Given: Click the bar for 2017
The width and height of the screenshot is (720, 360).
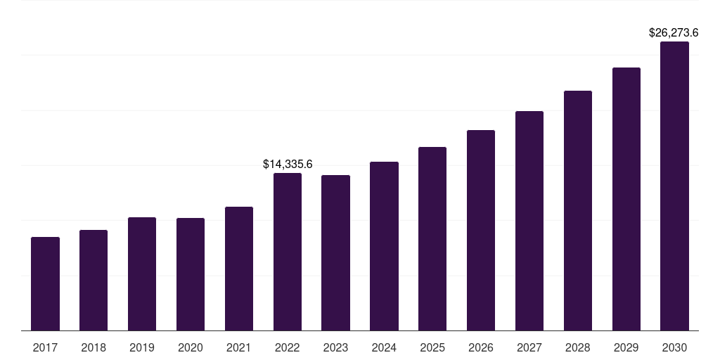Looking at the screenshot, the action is click(x=45, y=284).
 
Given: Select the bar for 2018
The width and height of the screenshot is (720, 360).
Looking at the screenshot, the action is click(x=94, y=280).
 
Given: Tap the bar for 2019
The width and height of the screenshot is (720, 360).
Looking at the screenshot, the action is click(x=142, y=274).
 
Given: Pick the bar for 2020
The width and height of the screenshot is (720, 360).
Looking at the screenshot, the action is click(x=191, y=274).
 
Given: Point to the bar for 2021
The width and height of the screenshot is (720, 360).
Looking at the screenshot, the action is click(x=239, y=269).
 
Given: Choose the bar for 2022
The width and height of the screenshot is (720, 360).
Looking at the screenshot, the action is click(x=288, y=252).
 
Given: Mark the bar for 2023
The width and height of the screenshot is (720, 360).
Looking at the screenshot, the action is click(x=335, y=252).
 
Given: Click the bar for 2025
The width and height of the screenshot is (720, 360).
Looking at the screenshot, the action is click(x=432, y=239).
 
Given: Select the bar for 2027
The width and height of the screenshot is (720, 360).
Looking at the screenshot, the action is click(x=529, y=221).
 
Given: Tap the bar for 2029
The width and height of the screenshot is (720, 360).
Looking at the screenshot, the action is click(x=626, y=199).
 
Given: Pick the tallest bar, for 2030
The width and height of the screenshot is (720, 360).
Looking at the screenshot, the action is click(x=674, y=186).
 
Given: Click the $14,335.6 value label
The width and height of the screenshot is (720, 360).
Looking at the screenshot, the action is click(x=288, y=164).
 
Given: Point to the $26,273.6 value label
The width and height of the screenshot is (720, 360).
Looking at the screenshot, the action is click(x=674, y=32).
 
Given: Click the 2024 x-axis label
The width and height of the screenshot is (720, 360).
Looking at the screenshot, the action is click(x=385, y=347).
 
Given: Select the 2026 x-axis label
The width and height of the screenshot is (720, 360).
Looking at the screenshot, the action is click(x=481, y=347).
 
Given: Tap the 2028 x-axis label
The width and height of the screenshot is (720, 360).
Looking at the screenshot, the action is click(x=578, y=347).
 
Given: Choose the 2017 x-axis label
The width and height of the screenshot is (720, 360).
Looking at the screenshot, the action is click(x=45, y=347).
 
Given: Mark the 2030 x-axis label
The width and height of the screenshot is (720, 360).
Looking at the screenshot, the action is click(x=674, y=347).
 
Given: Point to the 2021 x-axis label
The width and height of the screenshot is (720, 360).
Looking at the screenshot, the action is click(x=239, y=347).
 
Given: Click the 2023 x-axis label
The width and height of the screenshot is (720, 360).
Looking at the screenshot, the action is click(x=335, y=347).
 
